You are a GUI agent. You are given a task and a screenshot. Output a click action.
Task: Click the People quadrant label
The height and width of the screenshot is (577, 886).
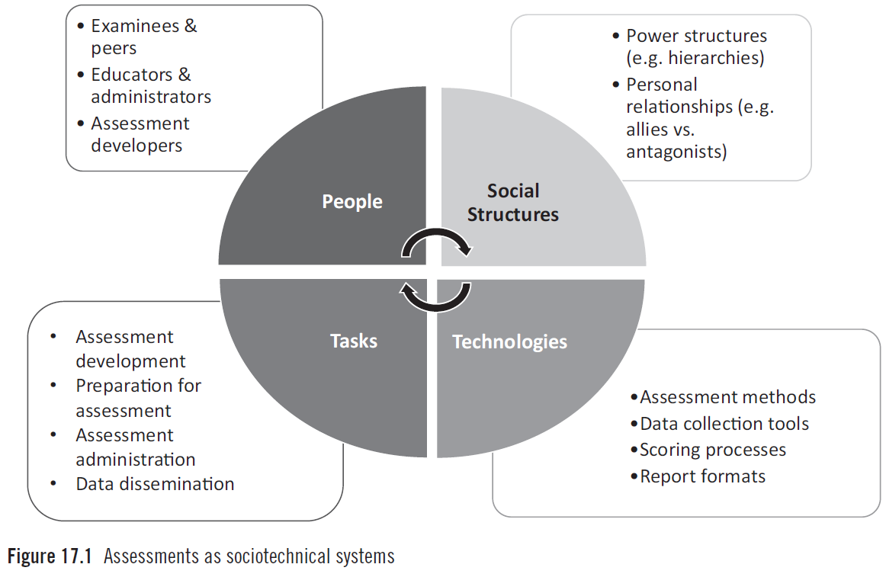click(352, 202)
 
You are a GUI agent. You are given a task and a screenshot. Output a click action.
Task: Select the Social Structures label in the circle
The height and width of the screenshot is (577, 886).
click(513, 203)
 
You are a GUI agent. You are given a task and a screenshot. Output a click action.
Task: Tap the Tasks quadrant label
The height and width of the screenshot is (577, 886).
click(354, 341)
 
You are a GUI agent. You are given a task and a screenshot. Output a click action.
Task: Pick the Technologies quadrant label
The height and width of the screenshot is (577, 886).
click(509, 341)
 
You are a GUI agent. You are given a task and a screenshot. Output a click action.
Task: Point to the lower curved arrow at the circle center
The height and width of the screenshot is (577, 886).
click(435, 298)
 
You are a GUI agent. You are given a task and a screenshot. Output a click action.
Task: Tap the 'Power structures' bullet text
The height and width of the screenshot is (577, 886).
click(696, 36)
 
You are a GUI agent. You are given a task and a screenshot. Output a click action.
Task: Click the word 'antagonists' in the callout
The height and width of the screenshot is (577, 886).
click(676, 152)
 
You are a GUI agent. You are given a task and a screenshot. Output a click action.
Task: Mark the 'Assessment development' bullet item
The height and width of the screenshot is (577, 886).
click(130, 348)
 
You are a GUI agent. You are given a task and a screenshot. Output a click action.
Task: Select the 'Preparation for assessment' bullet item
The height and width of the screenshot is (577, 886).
click(138, 398)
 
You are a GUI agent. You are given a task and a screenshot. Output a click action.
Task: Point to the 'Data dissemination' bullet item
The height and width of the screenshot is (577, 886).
click(155, 484)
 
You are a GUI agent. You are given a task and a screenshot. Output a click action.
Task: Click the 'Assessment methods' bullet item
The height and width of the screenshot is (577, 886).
click(727, 397)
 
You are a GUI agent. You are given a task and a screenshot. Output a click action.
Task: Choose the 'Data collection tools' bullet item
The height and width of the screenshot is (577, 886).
click(724, 424)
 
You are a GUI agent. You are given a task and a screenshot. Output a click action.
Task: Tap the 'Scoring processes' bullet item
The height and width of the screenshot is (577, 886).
click(712, 450)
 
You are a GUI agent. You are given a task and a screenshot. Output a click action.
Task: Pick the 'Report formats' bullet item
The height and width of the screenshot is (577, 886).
click(702, 476)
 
